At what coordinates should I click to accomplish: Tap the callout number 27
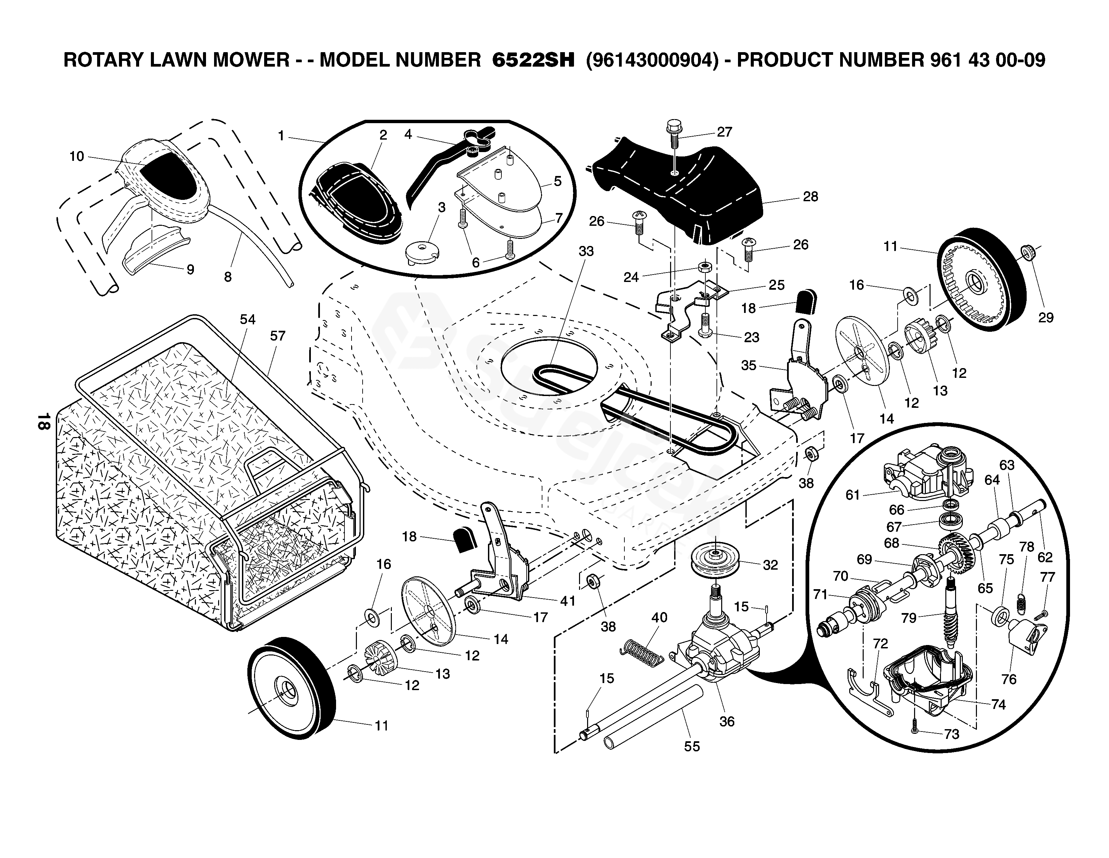coord(725,132)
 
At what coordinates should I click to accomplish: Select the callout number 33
coord(586,252)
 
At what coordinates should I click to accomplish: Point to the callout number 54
coord(248,319)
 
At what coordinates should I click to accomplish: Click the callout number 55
coord(692,746)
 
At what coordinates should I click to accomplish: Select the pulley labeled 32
coord(715,559)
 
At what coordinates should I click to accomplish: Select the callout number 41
coord(567,601)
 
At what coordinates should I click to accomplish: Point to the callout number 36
coord(727,721)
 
